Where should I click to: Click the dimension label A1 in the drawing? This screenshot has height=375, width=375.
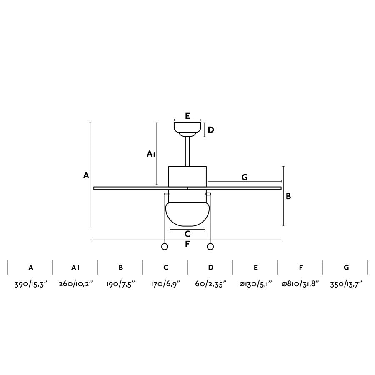[x=151, y=154]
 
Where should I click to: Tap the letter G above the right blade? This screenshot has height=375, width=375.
[x=245, y=177]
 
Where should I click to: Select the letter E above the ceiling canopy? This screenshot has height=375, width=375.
[x=187, y=116]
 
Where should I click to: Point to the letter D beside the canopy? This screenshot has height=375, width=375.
[x=211, y=130]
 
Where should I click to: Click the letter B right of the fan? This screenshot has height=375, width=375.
[x=288, y=196]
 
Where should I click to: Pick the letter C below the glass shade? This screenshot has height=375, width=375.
[x=187, y=234]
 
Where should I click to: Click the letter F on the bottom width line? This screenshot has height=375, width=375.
[x=187, y=244]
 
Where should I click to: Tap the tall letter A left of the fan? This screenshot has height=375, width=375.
[x=86, y=175]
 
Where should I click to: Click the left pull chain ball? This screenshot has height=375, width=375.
[x=165, y=247]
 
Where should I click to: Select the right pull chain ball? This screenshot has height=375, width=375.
[x=210, y=247]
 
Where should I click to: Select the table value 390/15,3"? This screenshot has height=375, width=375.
[x=31, y=284]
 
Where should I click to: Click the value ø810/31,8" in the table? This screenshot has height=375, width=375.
[x=300, y=284]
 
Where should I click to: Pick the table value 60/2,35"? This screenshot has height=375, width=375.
[x=210, y=284]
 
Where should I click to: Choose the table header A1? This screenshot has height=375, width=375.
[x=75, y=267]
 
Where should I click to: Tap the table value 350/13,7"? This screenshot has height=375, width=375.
[x=345, y=284]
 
